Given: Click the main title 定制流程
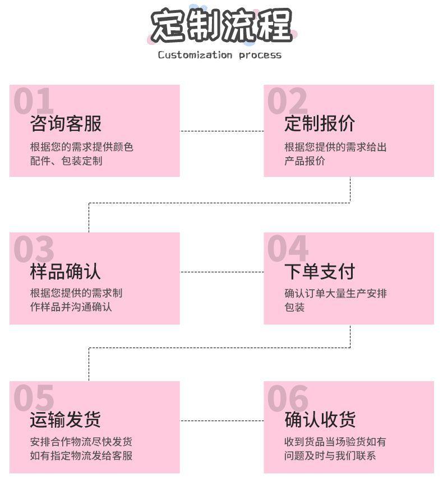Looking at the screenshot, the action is click(221, 26).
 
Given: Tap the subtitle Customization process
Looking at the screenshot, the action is click(219, 55).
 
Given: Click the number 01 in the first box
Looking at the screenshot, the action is click(34, 102).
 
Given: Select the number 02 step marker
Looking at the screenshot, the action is click(287, 102).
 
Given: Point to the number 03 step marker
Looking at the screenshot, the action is click(34, 249).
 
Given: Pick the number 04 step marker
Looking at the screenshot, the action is click(288, 249).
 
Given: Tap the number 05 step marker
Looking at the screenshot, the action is click(34, 398).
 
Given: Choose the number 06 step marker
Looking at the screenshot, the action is click(288, 398).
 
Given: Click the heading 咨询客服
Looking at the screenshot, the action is click(66, 124).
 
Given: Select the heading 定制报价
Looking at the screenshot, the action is click(320, 124).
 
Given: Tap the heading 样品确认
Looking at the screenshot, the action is click(66, 272).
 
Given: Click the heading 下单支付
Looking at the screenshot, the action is click(320, 272).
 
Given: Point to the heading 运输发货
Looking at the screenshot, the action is click(66, 419).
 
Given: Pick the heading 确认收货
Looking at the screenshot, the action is click(320, 419).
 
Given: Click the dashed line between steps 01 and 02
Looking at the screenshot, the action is click(221, 131).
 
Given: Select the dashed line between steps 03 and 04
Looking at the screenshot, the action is click(221, 272).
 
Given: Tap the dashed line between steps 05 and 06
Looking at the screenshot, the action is click(221, 420).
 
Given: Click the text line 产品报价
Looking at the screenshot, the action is click(304, 161).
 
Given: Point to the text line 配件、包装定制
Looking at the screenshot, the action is click(66, 161).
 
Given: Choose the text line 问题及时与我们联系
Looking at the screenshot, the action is click(330, 455).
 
